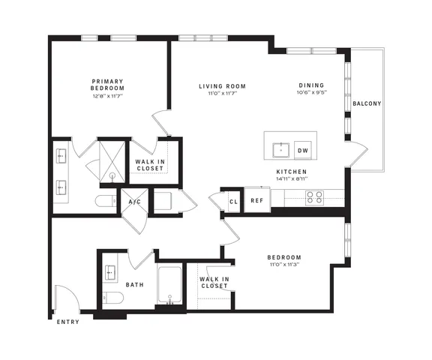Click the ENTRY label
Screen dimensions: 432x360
coord(68,322)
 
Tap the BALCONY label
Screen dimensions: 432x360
coord(367,103)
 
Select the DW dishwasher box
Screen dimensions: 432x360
coord(303,150)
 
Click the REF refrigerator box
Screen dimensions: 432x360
coord(257,200)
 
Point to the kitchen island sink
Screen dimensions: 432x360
coord(281,150)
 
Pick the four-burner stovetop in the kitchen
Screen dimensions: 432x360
coord(314,197)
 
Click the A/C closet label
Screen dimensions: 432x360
coord(135,202)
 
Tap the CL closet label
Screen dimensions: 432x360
coord(234,202)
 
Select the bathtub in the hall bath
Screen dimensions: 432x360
coord(169,284)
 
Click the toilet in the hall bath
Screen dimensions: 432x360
coord(113,297)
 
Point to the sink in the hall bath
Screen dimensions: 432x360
coord(110,272)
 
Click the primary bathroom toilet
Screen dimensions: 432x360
coord(106,201)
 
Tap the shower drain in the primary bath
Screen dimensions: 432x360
coord(112,175)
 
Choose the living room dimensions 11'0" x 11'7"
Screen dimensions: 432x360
coord(223,93)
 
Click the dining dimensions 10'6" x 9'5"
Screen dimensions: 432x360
coord(311,92)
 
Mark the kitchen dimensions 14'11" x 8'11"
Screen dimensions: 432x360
coord(292,178)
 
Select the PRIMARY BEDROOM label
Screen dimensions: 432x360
coord(107,85)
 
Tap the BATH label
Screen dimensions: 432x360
coord(135,284)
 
